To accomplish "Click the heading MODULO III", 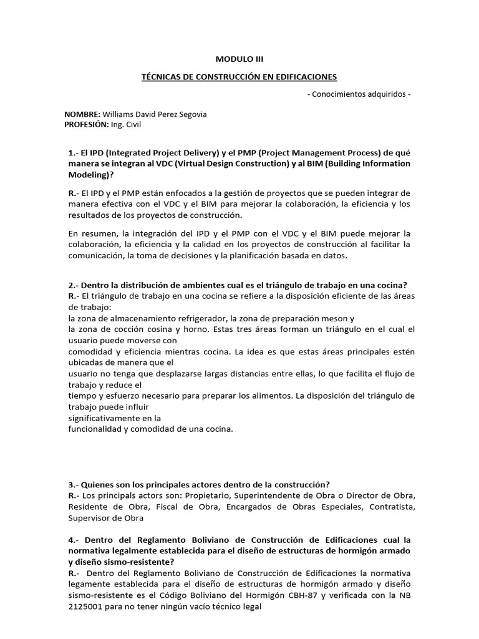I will coord(239,59).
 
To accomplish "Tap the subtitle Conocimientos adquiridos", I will coord(359,94).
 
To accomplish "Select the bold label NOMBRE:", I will coord(82,114).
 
